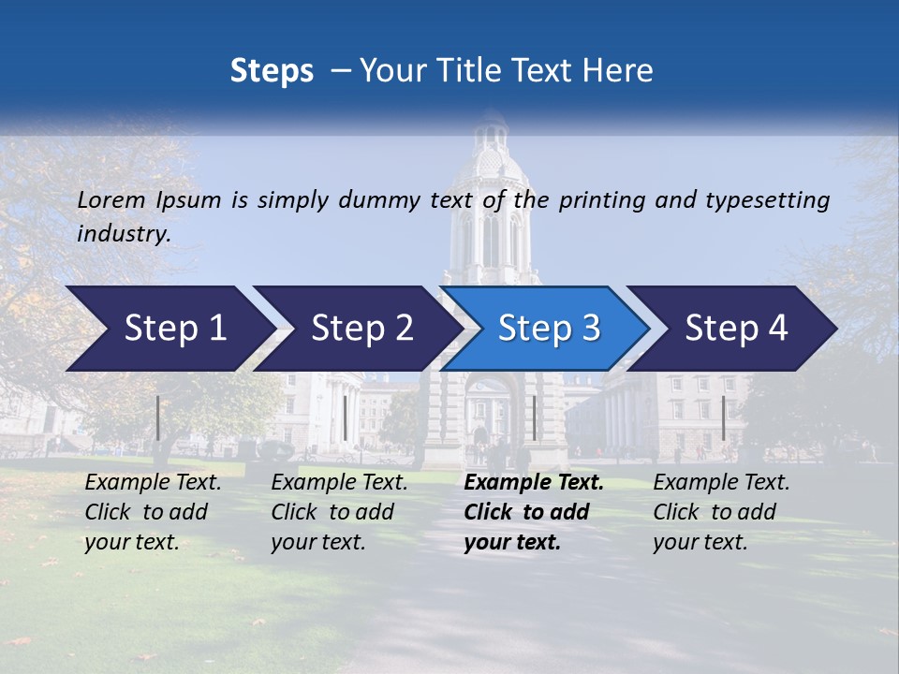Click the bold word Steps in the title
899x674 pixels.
272,71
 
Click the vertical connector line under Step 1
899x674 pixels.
158,418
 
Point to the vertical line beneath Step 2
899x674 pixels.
346,418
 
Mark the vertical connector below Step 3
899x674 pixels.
534,418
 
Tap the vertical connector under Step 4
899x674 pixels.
723,418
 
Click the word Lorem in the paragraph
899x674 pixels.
111,200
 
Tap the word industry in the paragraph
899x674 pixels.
123,234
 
